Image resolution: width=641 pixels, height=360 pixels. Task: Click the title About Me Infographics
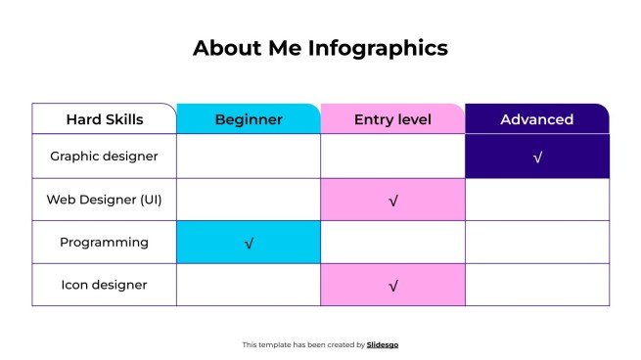pos(320,48)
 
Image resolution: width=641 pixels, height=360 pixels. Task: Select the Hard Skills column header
pos(105,119)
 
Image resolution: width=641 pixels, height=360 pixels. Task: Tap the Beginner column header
pos(249,119)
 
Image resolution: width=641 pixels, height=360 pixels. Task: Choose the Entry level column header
pos(392,119)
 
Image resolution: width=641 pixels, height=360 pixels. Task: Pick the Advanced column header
pos(536,119)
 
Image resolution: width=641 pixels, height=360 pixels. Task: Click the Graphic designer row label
pos(104,157)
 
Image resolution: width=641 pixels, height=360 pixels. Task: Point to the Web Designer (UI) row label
pos(104,200)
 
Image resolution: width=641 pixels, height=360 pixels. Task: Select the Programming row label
pos(104,243)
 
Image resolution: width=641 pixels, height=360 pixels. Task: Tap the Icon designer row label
pos(104,286)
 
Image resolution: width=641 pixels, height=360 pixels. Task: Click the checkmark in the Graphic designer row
pos(537,157)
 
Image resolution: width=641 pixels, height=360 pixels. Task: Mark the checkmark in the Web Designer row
pos(393,201)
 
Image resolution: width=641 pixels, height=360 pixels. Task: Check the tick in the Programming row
pos(250,244)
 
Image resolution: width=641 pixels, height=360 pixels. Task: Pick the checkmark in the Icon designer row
pos(393,287)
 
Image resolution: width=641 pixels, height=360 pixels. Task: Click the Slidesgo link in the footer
pos(383,344)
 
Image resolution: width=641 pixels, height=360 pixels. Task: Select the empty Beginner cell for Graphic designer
pos(249,157)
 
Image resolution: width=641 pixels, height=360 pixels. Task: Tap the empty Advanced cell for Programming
pos(536,243)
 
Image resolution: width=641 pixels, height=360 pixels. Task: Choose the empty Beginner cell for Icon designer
pos(249,286)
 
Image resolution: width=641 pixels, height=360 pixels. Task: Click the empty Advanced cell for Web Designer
pos(536,200)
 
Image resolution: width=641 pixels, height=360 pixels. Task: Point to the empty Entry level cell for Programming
pos(392,243)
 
